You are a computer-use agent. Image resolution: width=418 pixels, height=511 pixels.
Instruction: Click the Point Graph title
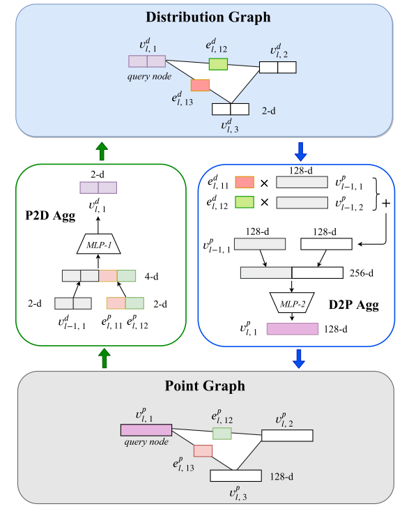click(206, 386)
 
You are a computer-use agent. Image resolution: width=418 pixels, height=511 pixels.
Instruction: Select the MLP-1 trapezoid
click(98, 244)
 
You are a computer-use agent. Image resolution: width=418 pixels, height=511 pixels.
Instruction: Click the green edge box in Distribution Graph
click(218, 63)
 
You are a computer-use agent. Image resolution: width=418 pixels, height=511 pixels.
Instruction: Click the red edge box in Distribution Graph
click(200, 85)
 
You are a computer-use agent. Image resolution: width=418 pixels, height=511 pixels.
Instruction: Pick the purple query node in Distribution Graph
click(146, 61)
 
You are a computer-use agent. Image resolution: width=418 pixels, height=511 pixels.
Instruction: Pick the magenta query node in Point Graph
click(146, 430)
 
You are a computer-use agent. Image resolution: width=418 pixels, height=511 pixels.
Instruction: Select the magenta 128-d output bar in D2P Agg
click(292, 329)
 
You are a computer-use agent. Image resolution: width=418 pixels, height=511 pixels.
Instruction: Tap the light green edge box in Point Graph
click(222, 433)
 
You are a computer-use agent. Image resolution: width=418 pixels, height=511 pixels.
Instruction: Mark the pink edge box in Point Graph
click(203, 450)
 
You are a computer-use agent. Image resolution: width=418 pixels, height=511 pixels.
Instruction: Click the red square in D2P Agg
click(245, 183)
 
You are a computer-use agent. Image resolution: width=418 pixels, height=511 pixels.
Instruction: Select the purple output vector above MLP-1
click(98, 188)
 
